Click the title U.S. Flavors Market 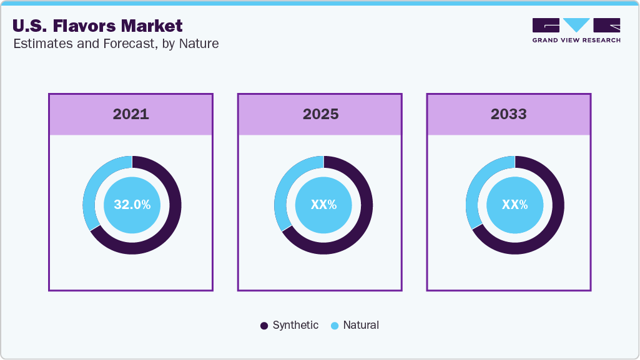tap(97, 26)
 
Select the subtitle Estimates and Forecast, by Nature tap(116, 44)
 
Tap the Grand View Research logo tap(576, 30)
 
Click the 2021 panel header tap(130, 114)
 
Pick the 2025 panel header tap(320, 114)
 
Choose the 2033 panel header tap(508, 114)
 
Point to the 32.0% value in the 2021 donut tap(132, 205)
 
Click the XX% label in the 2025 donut tap(323, 205)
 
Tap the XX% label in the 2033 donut tap(514, 205)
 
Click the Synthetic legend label tap(295, 325)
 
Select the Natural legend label tap(361, 325)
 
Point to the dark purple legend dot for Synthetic tap(264, 326)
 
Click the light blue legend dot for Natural tap(335, 326)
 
